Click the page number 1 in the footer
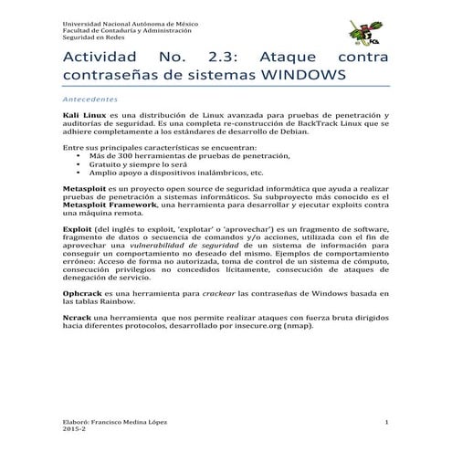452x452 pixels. coord(388,421)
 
